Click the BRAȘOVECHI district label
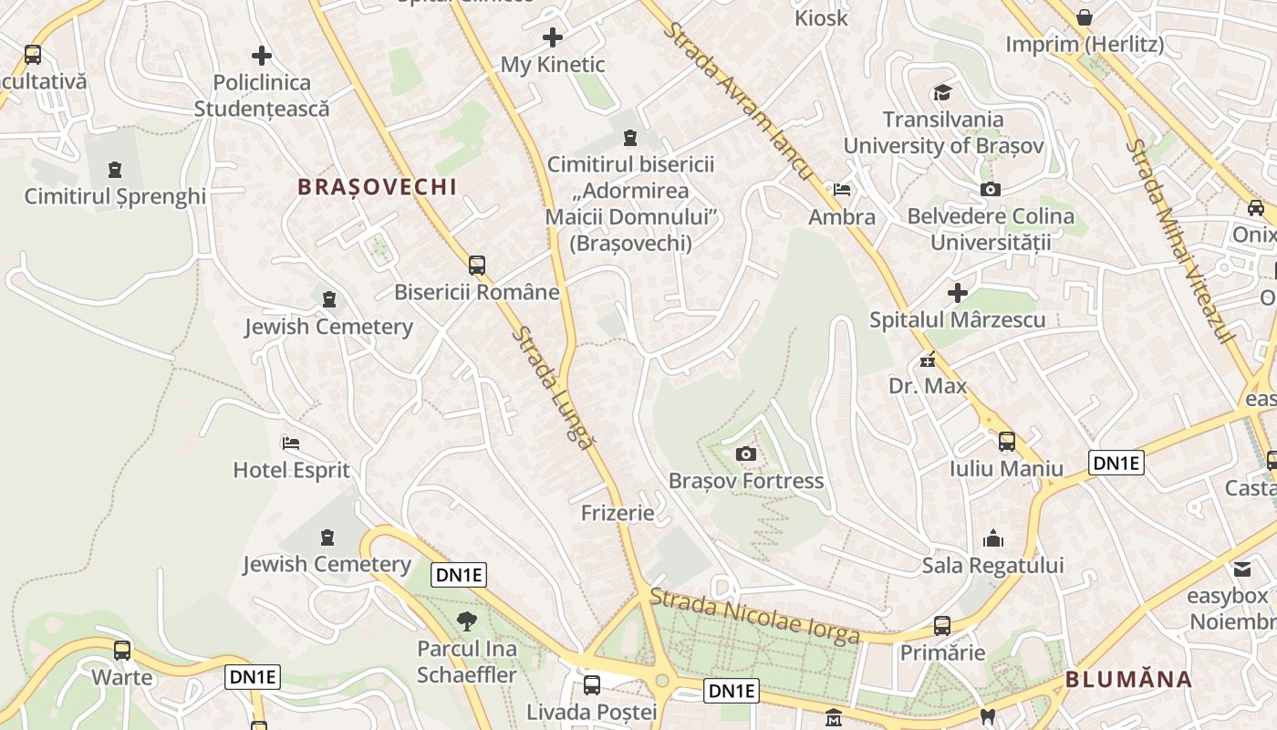(377, 187)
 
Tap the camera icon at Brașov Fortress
(746, 454)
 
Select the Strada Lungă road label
(551, 388)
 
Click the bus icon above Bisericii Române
(477, 266)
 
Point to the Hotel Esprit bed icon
(291, 443)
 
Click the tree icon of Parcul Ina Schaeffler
(467, 621)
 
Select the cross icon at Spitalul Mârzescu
(957, 293)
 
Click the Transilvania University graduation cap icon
(942, 92)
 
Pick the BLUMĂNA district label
(1128, 679)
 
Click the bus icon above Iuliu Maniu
(1007, 442)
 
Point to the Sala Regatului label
(992, 566)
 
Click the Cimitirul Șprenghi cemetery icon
(114, 170)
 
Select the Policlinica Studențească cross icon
(262, 56)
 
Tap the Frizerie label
(618, 513)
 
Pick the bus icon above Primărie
(942, 626)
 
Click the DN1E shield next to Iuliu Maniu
(1116, 463)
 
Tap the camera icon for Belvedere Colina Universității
(990, 189)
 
